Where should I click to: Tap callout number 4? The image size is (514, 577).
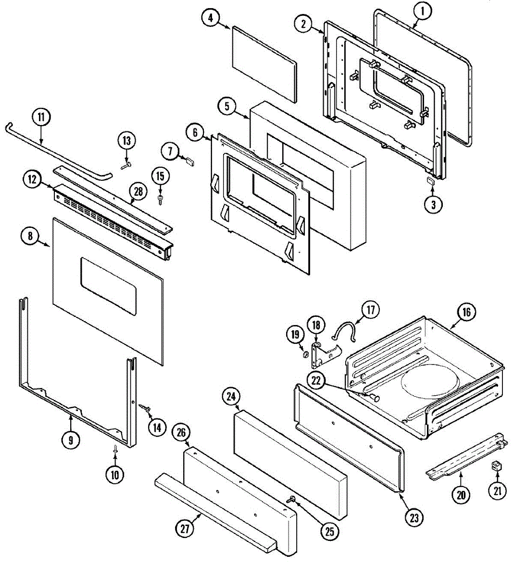tap(210, 18)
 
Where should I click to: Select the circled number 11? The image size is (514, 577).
tap(41, 117)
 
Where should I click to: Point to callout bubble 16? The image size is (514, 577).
tap(466, 313)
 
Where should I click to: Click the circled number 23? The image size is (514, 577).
tap(414, 517)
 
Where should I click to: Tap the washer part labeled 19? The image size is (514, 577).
tap(304, 355)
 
